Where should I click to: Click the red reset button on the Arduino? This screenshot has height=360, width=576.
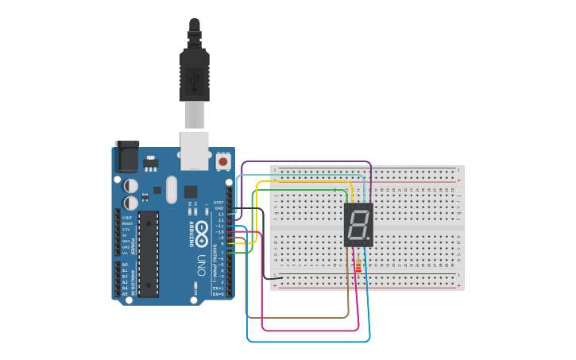223,161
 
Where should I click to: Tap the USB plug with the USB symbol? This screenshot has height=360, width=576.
195,79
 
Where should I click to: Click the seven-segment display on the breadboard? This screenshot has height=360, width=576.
358,224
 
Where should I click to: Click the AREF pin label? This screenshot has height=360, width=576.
219,203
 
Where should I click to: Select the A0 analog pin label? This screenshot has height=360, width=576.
125,265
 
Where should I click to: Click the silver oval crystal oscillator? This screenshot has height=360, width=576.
171,189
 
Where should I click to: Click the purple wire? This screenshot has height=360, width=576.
306,161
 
